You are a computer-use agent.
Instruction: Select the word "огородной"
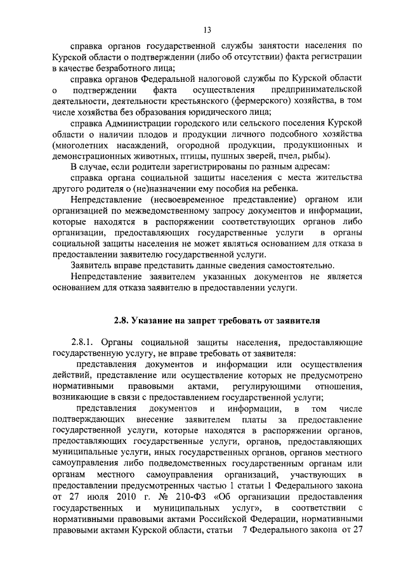pos(204,145)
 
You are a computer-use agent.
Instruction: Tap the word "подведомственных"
pos(193,464)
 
